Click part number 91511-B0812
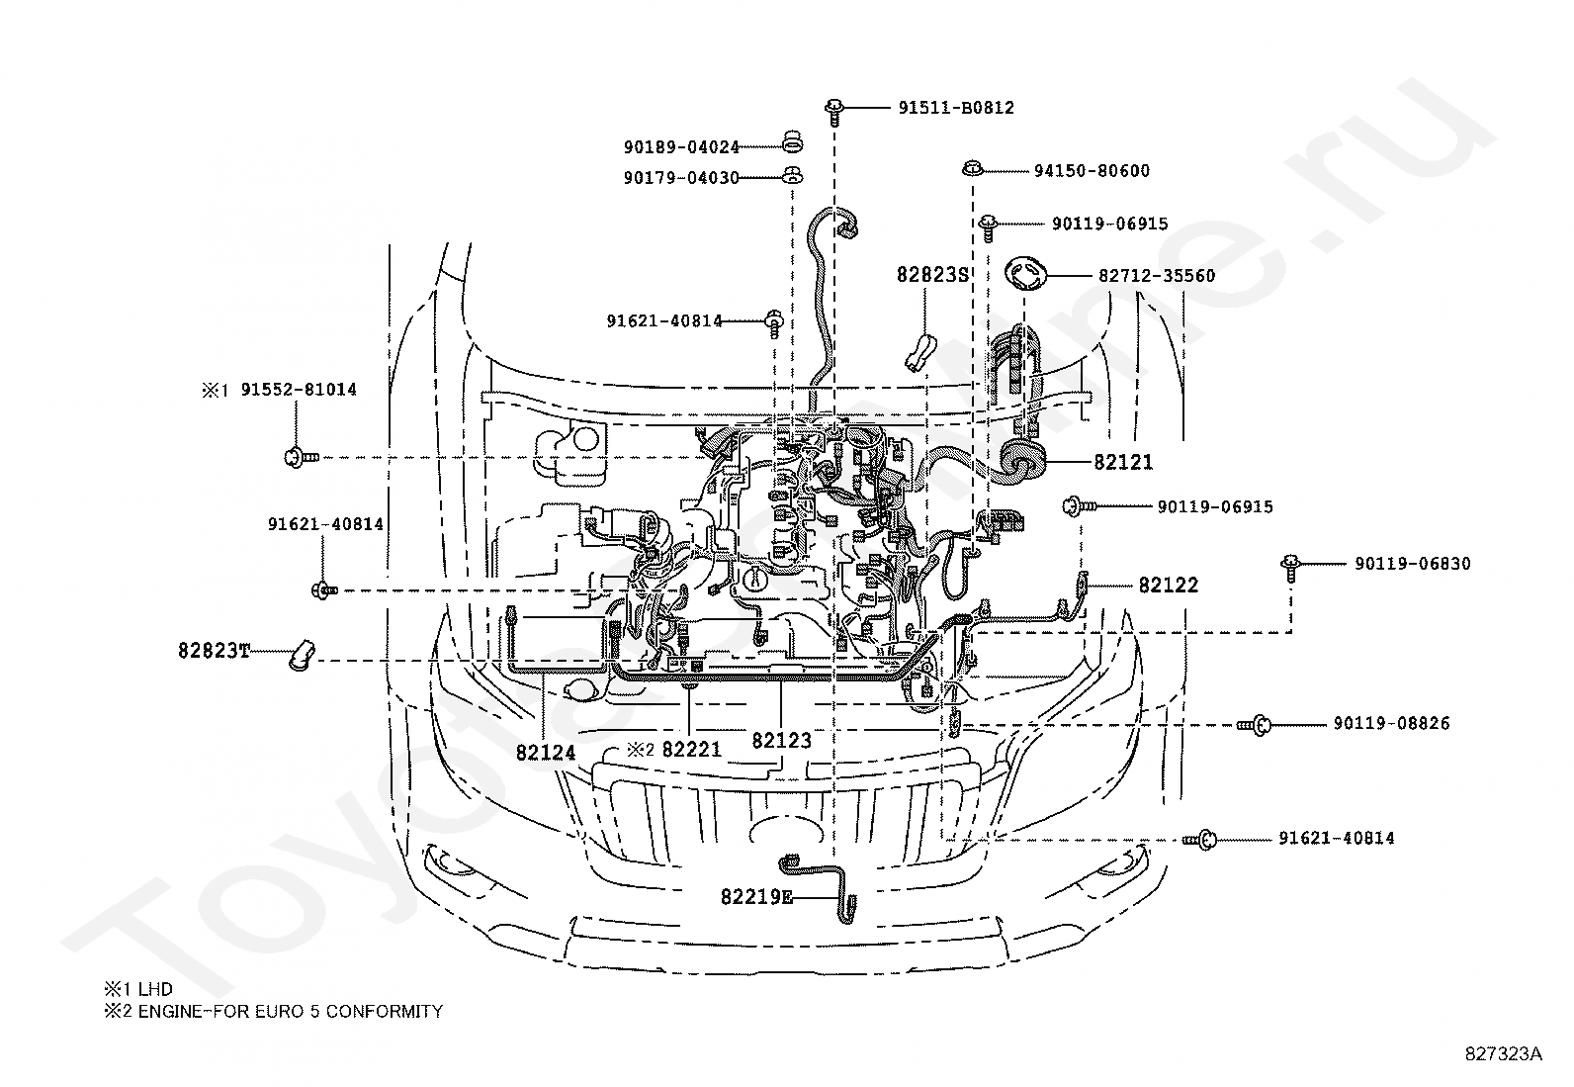[956, 108]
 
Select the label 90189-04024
[681, 147]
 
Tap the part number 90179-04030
[681, 178]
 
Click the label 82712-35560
[1157, 276]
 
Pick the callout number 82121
[1124, 462]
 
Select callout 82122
[1168, 586]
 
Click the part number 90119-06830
[1412, 564]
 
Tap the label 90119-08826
[1391, 724]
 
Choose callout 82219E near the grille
[756, 898]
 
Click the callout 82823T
[215, 651]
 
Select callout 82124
[545, 753]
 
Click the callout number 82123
[781, 741]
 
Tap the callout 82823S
[932, 275]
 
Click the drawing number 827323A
[1503, 1053]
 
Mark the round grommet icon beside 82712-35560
[1025, 275]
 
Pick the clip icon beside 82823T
[300, 654]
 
